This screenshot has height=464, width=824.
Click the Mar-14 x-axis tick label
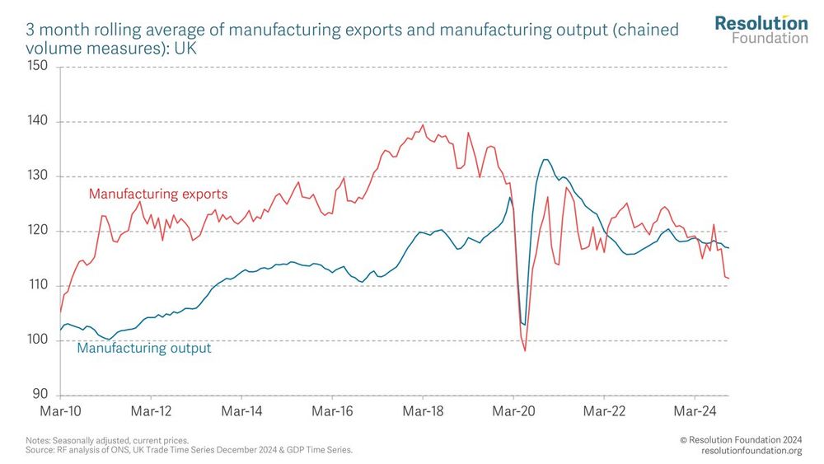click(x=242, y=410)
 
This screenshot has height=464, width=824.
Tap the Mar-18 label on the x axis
click(x=423, y=410)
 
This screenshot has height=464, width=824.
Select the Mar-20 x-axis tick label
click(x=513, y=410)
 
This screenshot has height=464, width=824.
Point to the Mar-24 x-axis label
click(x=695, y=410)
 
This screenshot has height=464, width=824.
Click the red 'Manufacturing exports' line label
click(x=158, y=195)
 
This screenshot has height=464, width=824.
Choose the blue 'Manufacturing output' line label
click(x=144, y=349)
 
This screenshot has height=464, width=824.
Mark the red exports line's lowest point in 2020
click(x=525, y=350)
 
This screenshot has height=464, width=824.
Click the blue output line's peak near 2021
click(x=545, y=160)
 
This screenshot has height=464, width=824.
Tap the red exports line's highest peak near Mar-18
click(x=423, y=125)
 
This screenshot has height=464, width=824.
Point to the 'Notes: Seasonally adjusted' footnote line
click(x=107, y=441)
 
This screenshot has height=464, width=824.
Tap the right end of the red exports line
click(x=728, y=279)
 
